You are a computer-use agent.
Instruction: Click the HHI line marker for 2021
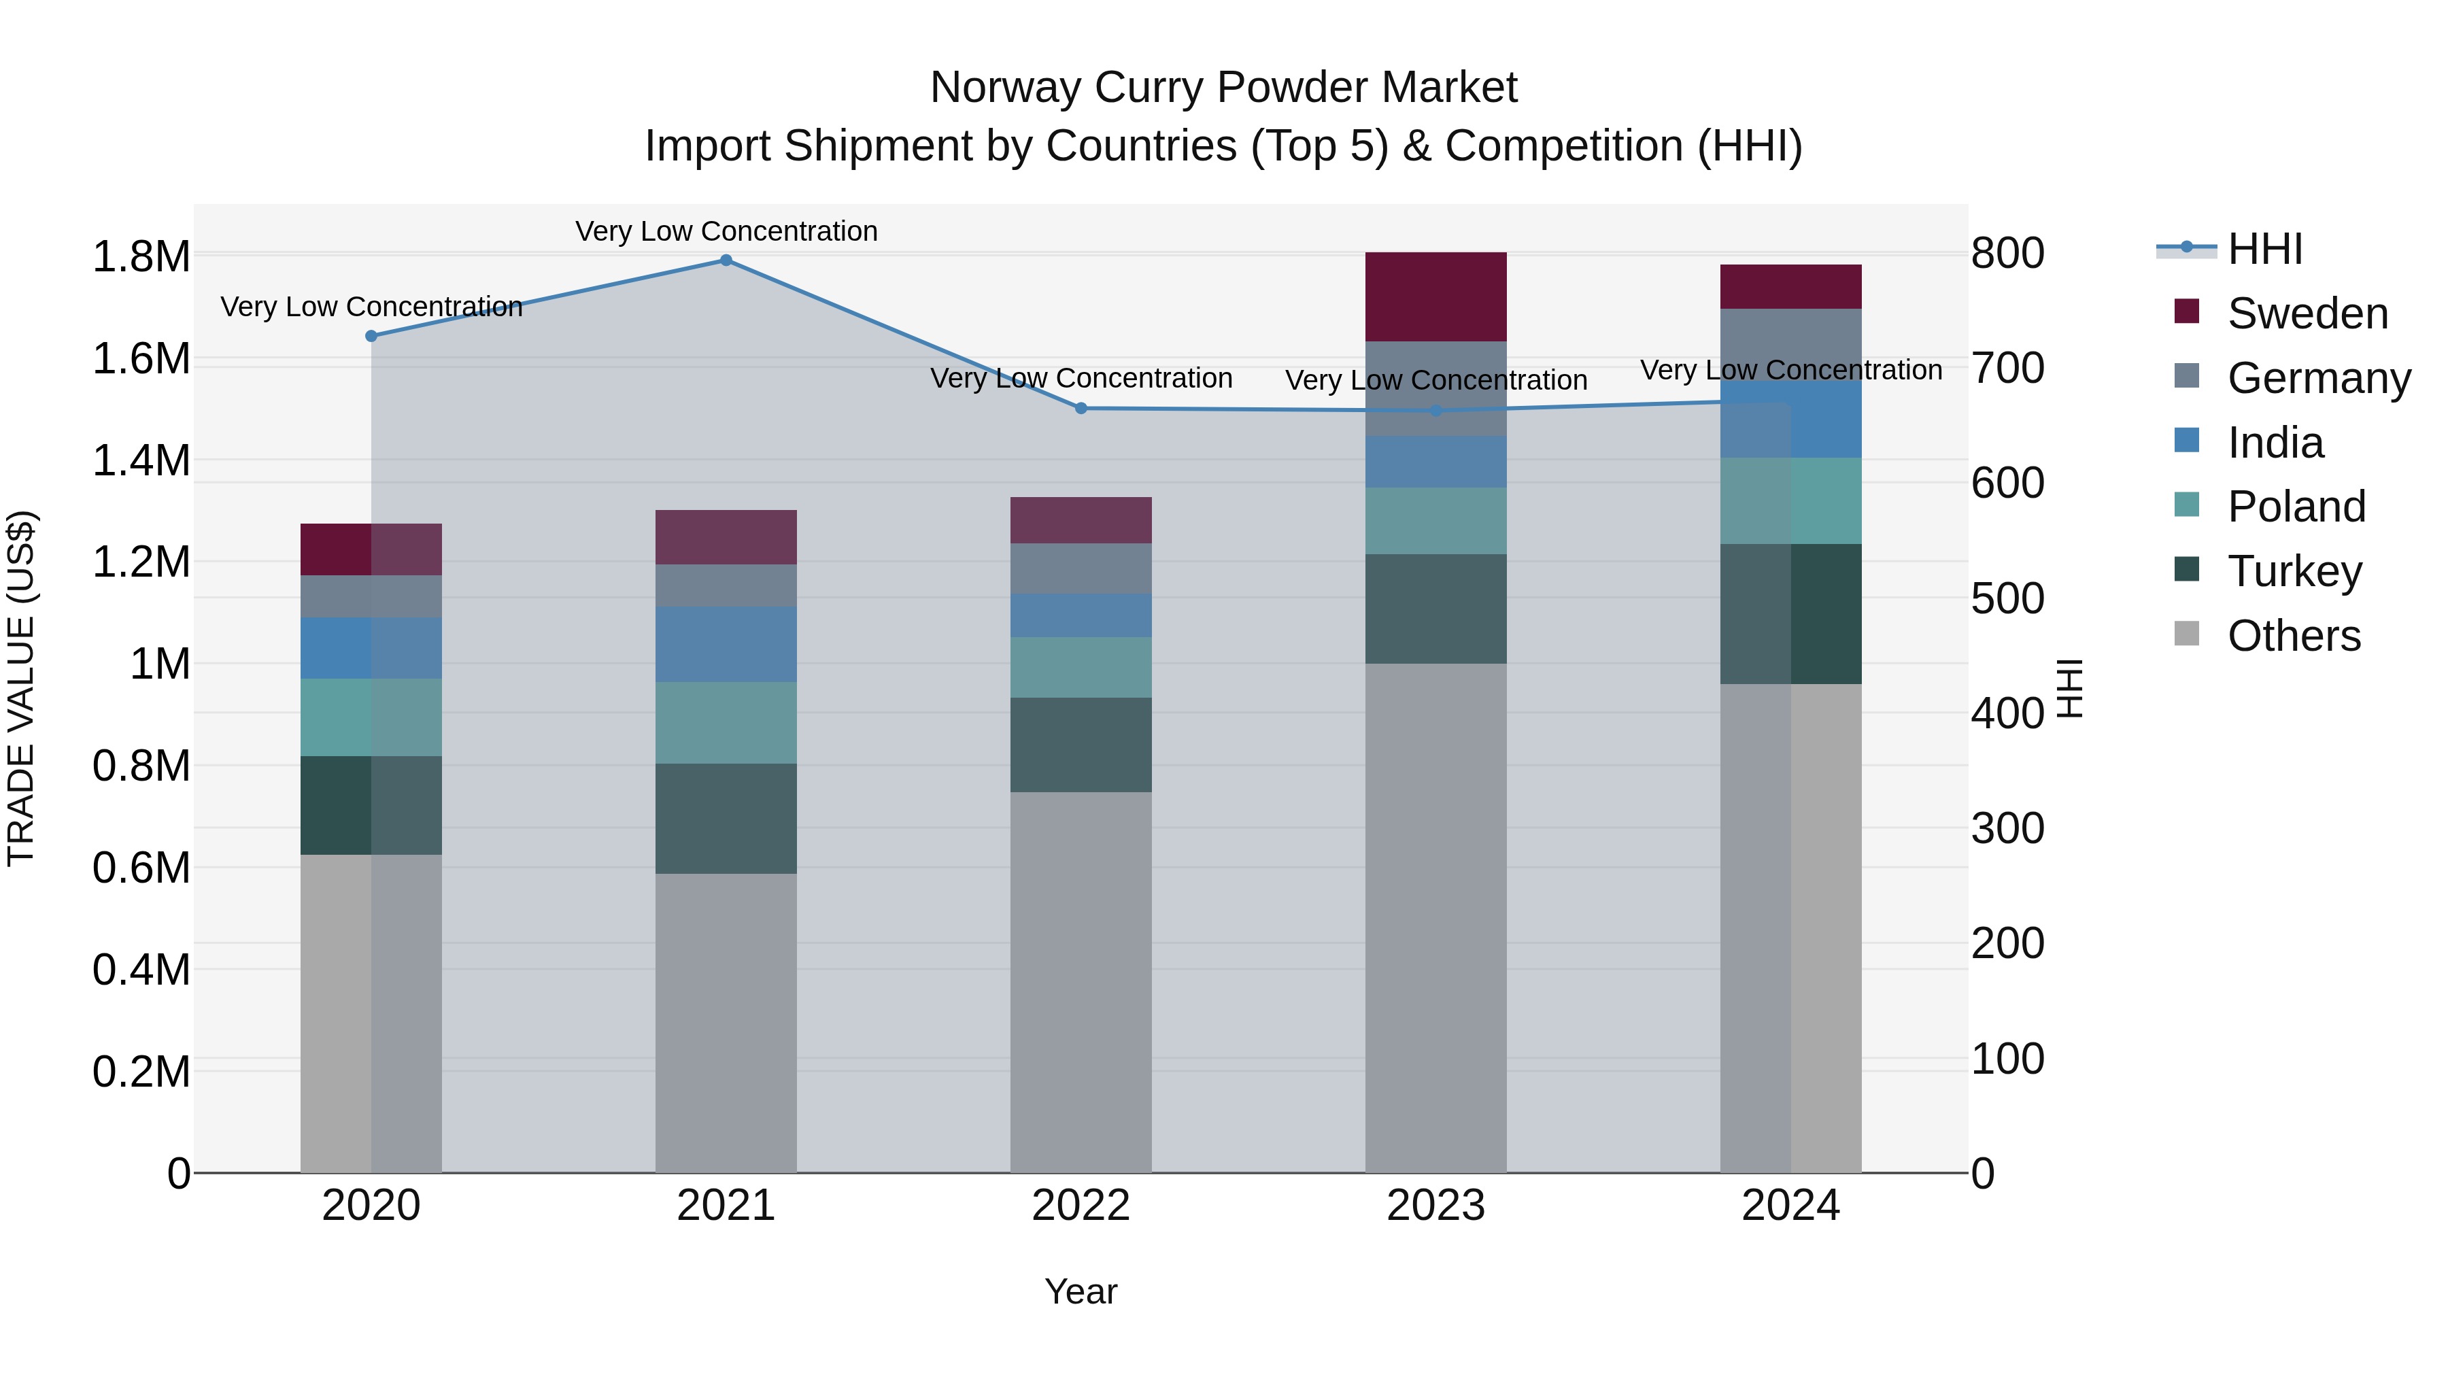tap(726, 260)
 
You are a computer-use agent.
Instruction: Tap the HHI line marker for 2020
tap(371, 337)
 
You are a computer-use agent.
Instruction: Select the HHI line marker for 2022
tap(1081, 409)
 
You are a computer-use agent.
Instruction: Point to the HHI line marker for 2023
tap(1436, 411)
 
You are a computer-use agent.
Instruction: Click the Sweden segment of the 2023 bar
tap(1436, 296)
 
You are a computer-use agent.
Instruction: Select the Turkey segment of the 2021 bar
tap(726, 818)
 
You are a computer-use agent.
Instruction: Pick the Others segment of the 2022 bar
tap(1081, 982)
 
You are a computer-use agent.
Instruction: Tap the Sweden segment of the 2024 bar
tap(1790, 287)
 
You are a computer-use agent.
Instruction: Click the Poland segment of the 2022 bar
tap(1081, 667)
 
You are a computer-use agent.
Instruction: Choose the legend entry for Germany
tap(2318, 378)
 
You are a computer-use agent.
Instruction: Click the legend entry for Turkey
tap(2294, 571)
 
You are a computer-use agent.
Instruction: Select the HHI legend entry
tap(2264, 249)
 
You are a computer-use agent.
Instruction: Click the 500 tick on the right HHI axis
tap(2007, 598)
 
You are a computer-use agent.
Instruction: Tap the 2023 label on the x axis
tap(1436, 1206)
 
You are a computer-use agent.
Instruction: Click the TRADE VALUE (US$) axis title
tap(21, 689)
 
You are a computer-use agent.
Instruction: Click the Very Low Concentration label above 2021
tap(726, 232)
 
